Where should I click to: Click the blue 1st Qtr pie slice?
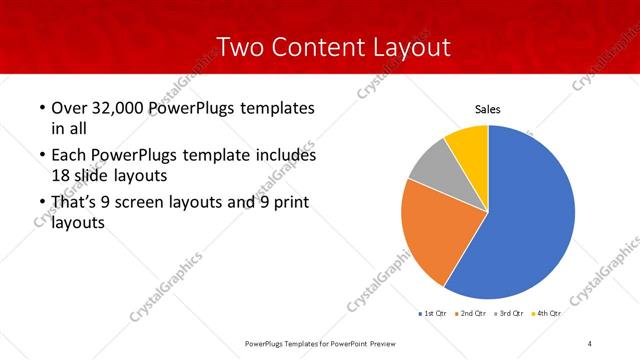pos(530,215)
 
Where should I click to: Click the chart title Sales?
pos(487,110)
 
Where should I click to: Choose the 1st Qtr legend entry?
pos(432,313)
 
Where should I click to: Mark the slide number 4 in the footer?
pos(590,344)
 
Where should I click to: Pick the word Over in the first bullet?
pos(69,107)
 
